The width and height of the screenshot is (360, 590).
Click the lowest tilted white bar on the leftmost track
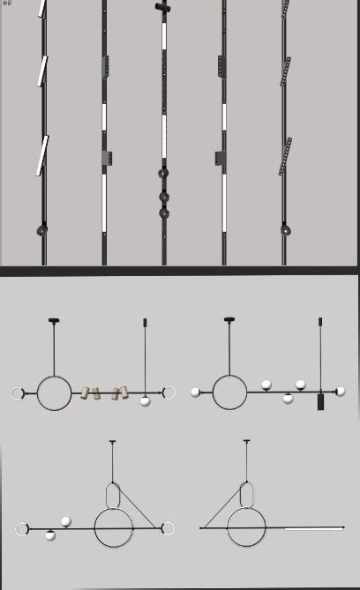coord(41,155)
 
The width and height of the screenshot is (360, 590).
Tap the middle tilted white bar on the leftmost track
coord(41,71)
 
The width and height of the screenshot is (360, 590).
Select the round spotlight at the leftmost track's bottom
coord(41,231)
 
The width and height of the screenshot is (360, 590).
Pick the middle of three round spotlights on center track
coord(163,197)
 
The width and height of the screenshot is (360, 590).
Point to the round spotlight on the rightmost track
coord(286,230)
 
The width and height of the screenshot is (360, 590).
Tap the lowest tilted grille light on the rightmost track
coord(285,156)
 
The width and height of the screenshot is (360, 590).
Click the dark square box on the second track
coord(107,158)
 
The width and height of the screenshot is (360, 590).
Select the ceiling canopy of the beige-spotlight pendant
coord(54,320)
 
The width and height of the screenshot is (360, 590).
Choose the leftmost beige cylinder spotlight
coord(86,392)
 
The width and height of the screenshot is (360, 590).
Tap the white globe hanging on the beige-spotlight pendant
coord(145,401)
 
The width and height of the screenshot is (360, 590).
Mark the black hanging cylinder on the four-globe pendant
coord(320,401)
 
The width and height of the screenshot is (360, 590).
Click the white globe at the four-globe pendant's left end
coord(195,392)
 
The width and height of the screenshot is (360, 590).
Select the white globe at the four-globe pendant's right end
coord(340,392)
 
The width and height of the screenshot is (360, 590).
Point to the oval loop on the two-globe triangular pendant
coord(113,495)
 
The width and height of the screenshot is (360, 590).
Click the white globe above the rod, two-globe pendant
coord(66,522)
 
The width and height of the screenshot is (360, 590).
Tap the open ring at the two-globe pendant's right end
coord(168,529)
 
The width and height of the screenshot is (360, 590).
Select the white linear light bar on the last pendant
coord(313,528)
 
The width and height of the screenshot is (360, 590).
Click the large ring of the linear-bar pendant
coord(246,528)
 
